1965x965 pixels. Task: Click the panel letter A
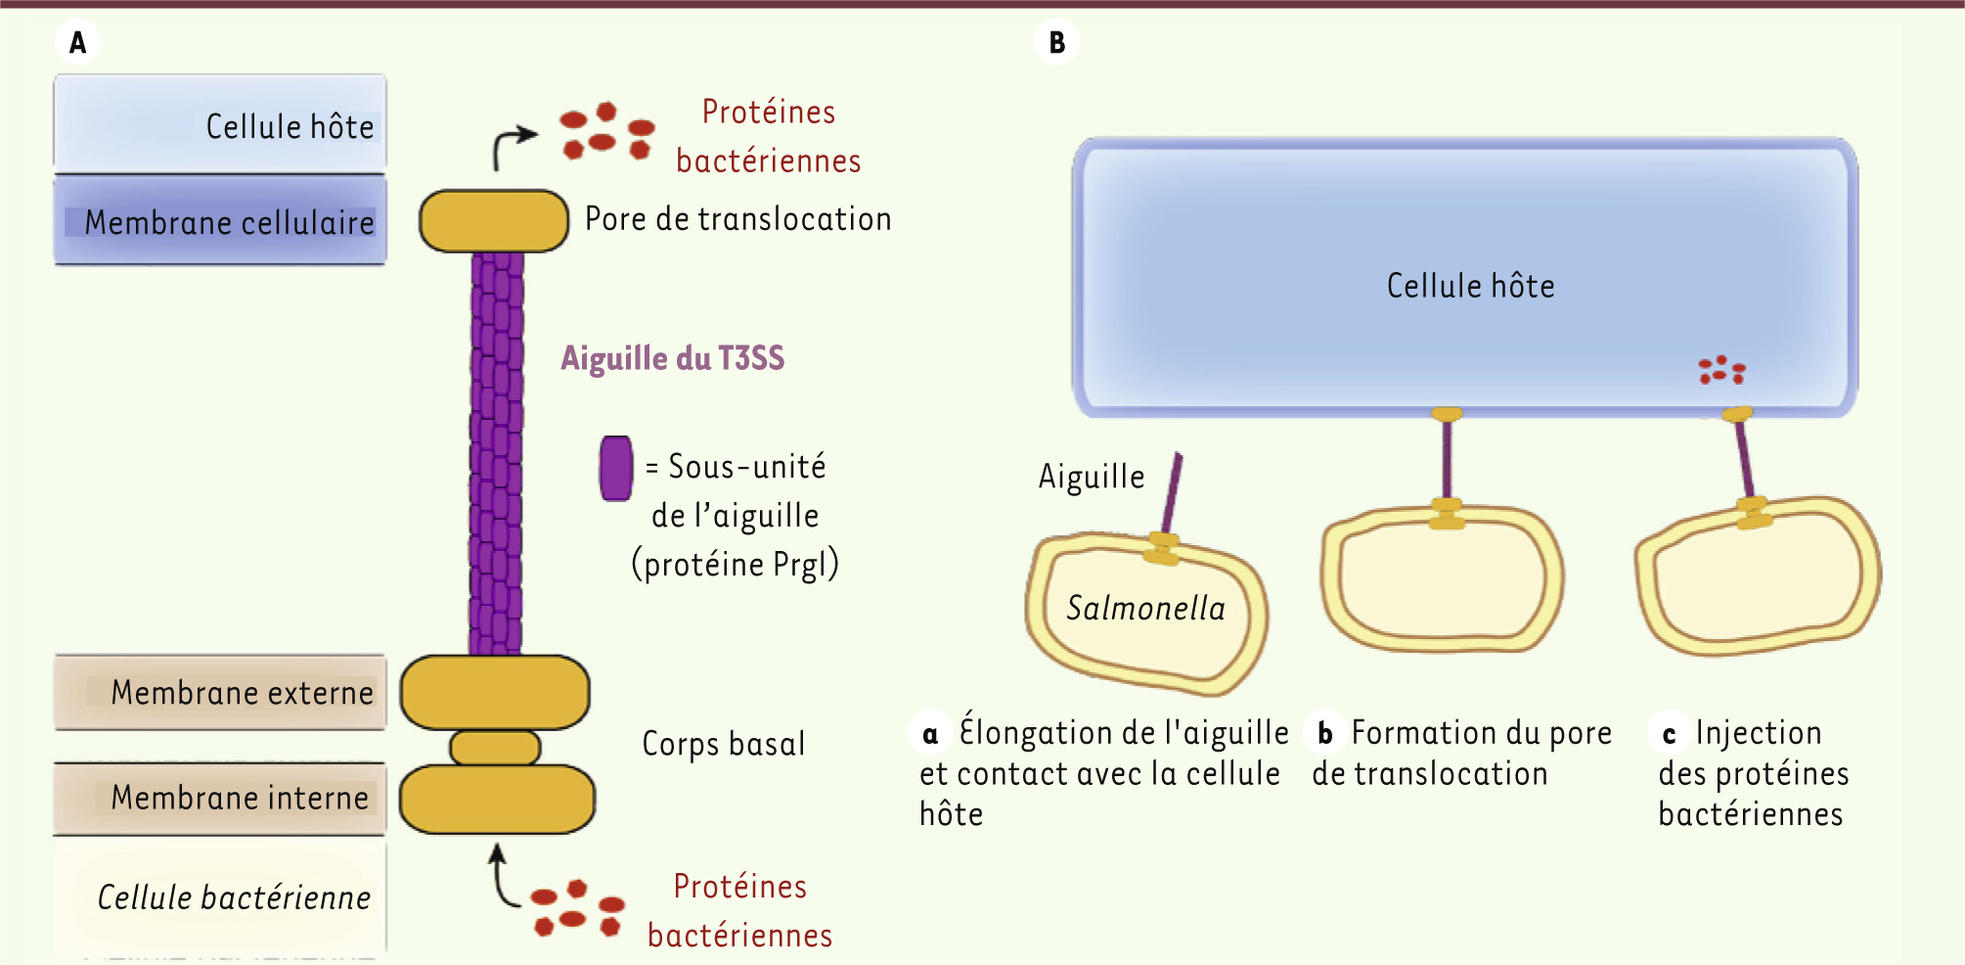[x=78, y=43]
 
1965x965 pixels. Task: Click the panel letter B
[x=1056, y=43]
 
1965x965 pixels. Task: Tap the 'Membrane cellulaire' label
[x=229, y=222]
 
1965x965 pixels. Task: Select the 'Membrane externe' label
[x=242, y=693]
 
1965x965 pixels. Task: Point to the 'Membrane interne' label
[x=240, y=798]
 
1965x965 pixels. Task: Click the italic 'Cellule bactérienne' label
[x=234, y=897]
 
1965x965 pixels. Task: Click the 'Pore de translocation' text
[x=737, y=219]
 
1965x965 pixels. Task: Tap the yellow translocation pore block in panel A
[x=494, y=221]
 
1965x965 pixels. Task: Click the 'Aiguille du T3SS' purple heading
[x=672, y=358]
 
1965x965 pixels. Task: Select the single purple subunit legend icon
[x=615, y=468]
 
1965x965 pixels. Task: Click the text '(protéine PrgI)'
[x=735, y=565]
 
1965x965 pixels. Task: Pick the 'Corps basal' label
[x=723, y=744]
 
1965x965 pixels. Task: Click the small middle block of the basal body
[x=495, y=748]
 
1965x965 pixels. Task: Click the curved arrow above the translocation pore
[x=511, y=146]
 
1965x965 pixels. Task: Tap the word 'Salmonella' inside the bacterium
[x=1145, y=609]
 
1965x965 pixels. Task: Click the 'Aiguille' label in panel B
[x=1092, y=477]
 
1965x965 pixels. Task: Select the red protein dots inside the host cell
[x=1721, y=370]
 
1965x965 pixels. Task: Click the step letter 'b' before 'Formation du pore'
[x=1325, y=734]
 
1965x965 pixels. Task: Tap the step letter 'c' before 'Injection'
[x=1670, y=734]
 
